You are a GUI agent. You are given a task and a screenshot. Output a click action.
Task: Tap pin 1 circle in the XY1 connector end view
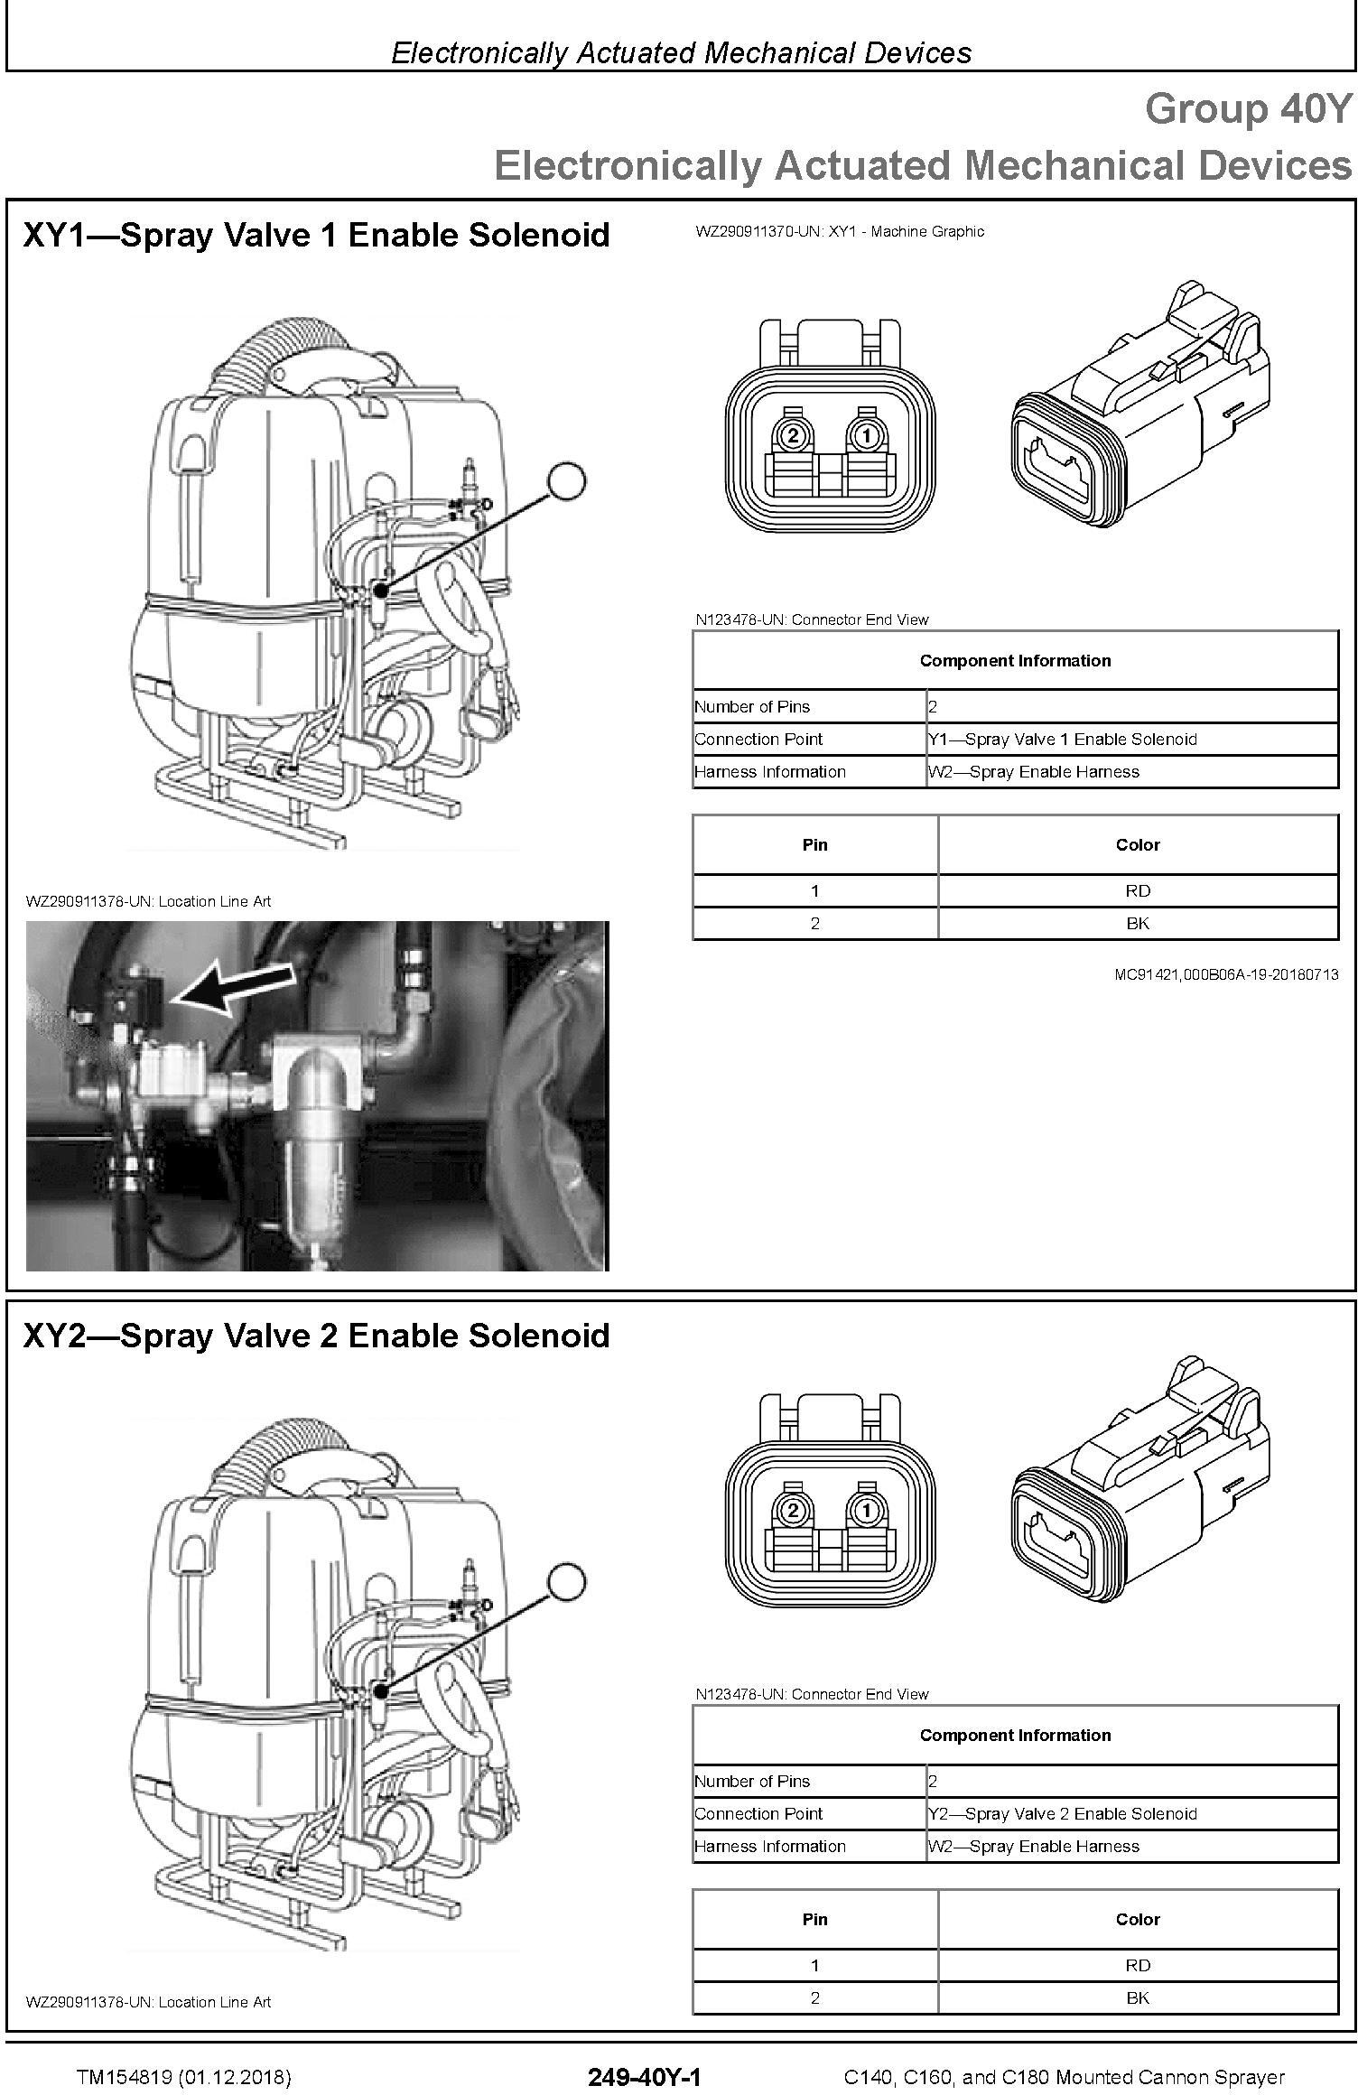(867, 436)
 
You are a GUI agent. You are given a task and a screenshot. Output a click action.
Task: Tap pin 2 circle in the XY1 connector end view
(793, 436)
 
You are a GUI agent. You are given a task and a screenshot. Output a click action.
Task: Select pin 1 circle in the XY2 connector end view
(867, 1511)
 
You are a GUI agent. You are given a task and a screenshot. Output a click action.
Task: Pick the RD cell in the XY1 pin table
(1138, 890)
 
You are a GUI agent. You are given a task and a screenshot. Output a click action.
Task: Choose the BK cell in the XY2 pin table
(1138, 1997)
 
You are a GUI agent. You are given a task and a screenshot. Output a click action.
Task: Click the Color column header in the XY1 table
(1138, 844)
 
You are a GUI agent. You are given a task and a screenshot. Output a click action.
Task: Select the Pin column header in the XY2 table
(814, 1919)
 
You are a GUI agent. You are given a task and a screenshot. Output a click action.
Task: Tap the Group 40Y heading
(1249, 109)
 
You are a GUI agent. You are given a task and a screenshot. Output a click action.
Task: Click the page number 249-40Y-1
(645, 2077)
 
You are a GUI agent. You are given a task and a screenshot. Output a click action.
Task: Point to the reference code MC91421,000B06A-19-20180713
(1226, 974)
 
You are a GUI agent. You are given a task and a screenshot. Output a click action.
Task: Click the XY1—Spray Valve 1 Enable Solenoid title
(316, 235)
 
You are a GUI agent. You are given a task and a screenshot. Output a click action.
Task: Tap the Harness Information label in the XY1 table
(770, 771)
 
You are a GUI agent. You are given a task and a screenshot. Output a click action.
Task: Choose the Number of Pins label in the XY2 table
(752, 1781)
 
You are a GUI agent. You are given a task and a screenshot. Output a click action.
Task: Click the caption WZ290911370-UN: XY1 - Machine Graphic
(840, 231)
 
